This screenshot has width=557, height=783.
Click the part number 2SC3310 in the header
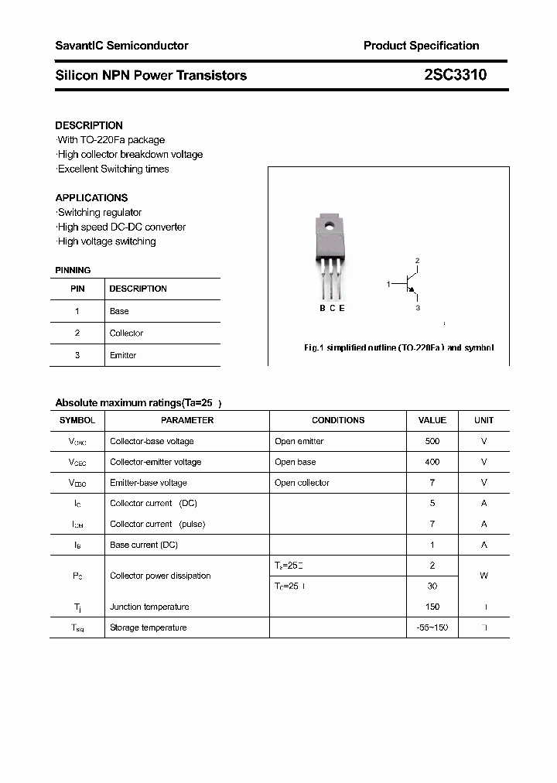pos(455,75)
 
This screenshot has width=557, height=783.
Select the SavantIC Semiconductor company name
pos(121,46)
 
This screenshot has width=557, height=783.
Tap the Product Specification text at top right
pos(421,46)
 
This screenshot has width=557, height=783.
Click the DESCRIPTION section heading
pos(89,125)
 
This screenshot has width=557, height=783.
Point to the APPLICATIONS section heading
pos(91,198)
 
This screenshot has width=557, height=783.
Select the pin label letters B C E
pos(332,308)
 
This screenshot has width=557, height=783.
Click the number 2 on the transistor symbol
pos(417,261)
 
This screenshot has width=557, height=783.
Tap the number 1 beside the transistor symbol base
pos(388,285)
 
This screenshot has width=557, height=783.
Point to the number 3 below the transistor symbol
pos(418,308)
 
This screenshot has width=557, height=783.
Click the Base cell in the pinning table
pos(119,311)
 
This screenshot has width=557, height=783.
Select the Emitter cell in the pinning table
pos(123,355)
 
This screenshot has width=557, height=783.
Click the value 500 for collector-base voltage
pos(432,441)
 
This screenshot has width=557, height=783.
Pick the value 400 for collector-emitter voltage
pos(432,462)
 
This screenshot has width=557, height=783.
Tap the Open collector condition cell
pos(302,483)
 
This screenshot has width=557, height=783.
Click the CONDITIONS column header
pos(338,420)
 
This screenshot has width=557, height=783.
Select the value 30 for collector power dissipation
pos(432,586)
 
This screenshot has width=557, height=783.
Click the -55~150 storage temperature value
pos(432,627)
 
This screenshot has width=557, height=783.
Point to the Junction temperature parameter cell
pos(149,607)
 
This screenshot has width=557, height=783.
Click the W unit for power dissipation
pos(484,576)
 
